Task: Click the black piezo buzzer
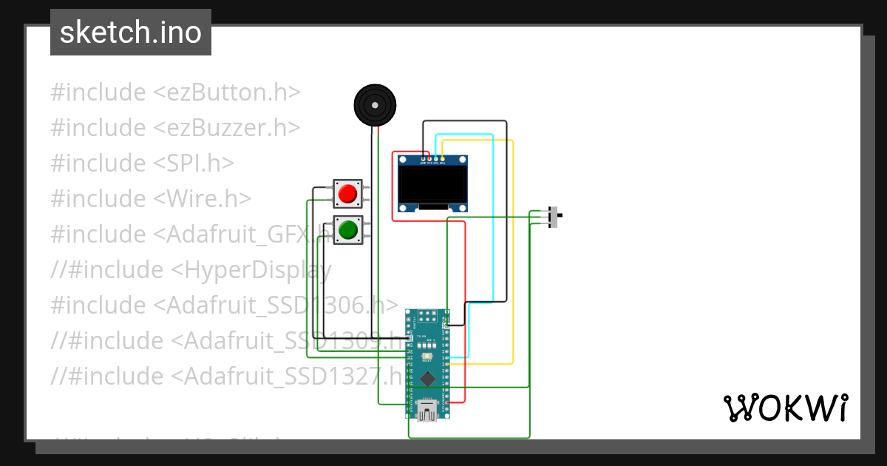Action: [375, 105]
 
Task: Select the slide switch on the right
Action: [556, 217]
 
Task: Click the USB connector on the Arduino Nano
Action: [427, 410]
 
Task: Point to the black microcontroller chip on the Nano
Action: [427, 379]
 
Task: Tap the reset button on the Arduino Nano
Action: [427, 357]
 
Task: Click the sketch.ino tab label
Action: [131, 33]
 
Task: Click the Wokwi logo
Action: [785, 408]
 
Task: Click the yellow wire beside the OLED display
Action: [512, 251]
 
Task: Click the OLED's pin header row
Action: [432, 158]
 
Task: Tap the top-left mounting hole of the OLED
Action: [402, 160]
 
